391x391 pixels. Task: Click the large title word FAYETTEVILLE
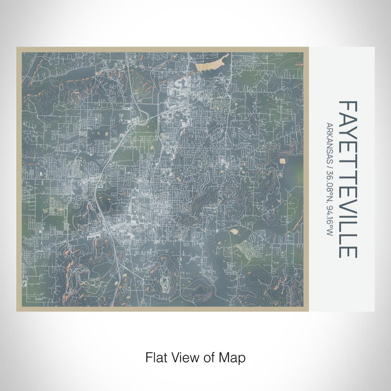point(347,179)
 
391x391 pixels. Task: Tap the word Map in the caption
point(234,356)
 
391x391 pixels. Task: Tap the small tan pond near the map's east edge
point(283,160)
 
